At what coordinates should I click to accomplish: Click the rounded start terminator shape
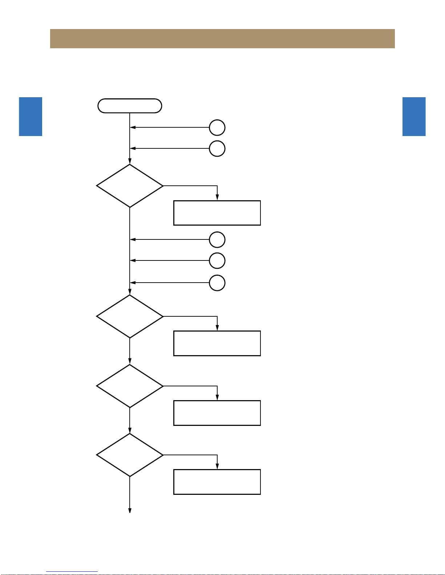pyautogui.click(x=130, y=106)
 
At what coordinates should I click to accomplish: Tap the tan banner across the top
pyautogui.click(x=222, y=38)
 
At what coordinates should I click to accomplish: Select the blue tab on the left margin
pyautogui.click(x=31, y=116)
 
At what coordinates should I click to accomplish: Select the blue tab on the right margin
pyautogui.click(x=414, y=116)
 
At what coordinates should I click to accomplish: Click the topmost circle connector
pyautogui.click(x=217, y=128)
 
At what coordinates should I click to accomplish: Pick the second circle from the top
pyautogui.click(x=217, y=148)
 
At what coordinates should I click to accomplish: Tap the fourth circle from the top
pyautogui.click(x=217, y=260)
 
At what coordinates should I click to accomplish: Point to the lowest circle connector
pyautogui.click(x=217, y=283)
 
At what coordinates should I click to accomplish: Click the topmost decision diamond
pyautogui.click(x=130, y=186)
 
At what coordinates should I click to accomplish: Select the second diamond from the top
pyautogui.click(x=130, y=316)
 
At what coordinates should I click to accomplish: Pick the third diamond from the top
pyautogui.click(x=130, y=386)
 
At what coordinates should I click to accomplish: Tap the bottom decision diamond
pyautogui.click(x=130, y=455)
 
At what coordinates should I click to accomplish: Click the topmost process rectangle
pyautogui.click(x=217, y=213)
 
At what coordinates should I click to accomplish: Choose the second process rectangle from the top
pyautogui.click(x=217, y=343)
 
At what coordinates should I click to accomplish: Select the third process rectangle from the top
pyautogui.click(x=217, y=413)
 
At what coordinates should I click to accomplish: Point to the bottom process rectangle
pyautogui.click(x=217, y=482)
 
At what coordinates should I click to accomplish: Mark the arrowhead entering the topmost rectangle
pyautogui.click(x=217, y=198)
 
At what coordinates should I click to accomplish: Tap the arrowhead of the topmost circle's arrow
pyautogui.click(x=133, y=128)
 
